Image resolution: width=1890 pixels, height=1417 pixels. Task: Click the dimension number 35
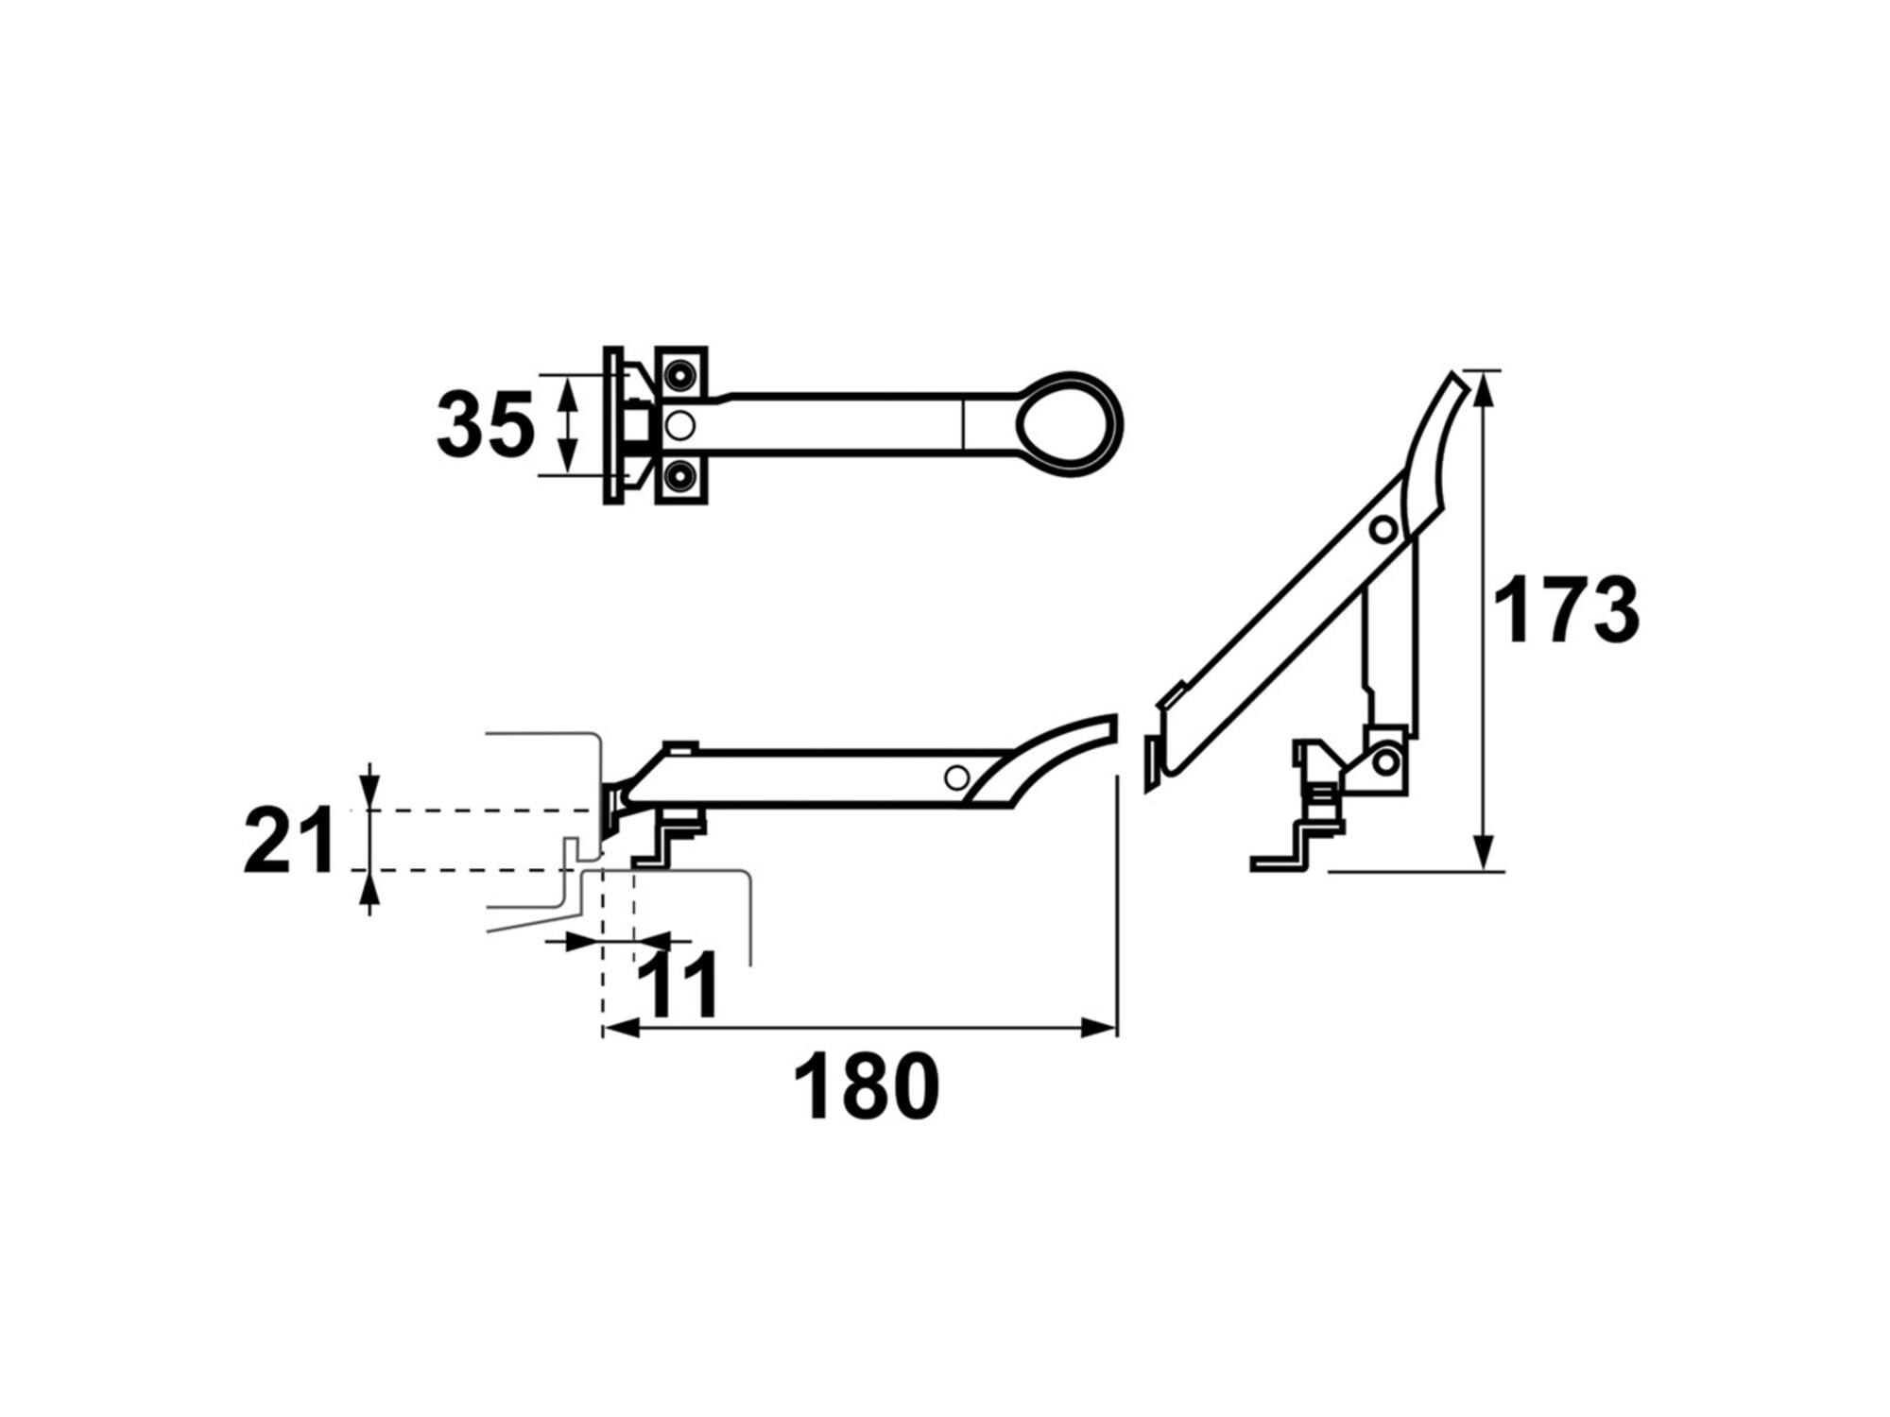point(486,425)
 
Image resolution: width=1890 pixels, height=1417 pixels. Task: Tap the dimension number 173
point(1566,609)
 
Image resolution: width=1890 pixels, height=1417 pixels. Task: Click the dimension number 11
point(678,984)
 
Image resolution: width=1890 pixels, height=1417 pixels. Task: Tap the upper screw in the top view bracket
point(678,376)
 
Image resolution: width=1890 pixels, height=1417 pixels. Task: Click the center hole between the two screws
point(679,426)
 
